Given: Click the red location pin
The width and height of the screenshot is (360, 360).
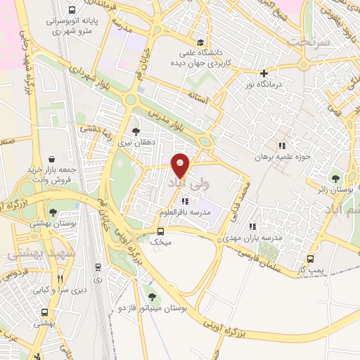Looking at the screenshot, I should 181,165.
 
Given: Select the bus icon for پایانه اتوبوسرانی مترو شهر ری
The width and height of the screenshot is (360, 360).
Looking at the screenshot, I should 73,11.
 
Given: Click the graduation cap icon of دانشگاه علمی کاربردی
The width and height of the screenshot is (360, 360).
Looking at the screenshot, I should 202,41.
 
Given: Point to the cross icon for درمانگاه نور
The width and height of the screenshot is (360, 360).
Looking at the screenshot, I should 264,73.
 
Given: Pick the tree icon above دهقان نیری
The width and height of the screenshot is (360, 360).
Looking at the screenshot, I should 136,130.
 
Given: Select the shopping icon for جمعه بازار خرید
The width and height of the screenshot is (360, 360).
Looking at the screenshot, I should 52,159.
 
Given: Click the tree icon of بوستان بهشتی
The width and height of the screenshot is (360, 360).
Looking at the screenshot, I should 53,211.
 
